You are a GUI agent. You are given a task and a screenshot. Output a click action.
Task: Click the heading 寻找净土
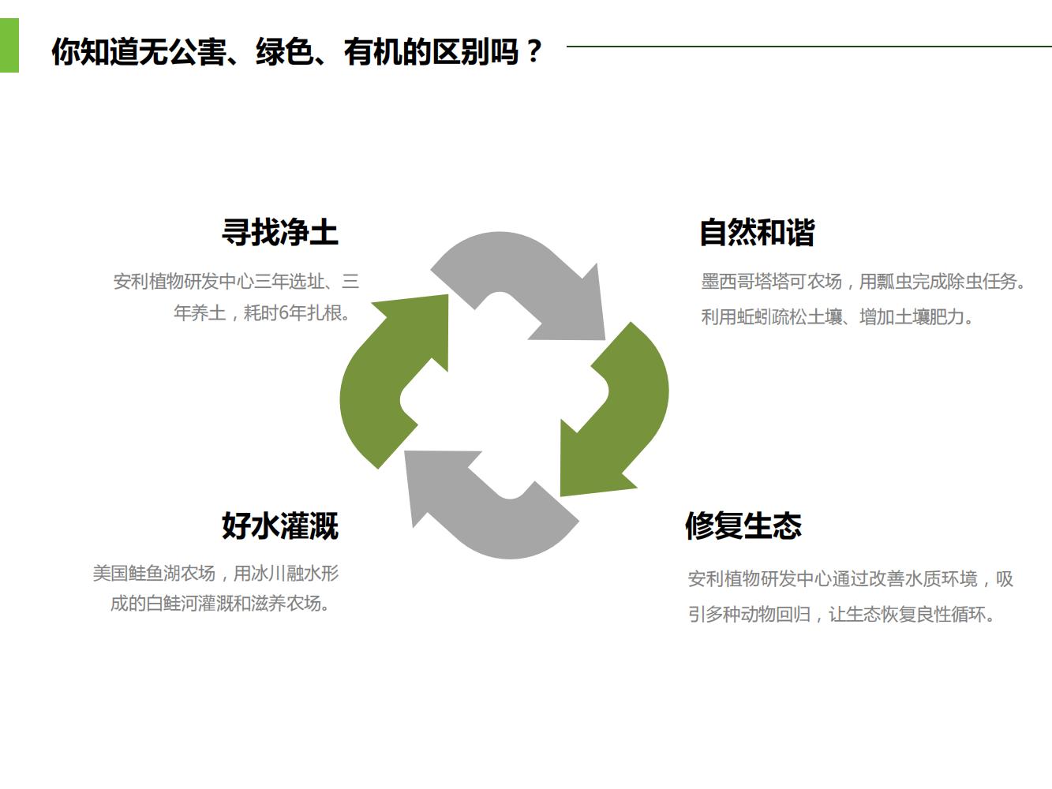point(280,232)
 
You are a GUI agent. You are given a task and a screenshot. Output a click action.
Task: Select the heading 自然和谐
point(758,232)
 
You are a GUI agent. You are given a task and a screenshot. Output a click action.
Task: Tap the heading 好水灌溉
point(280,525)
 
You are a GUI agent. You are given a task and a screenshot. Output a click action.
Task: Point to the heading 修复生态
point(743,525)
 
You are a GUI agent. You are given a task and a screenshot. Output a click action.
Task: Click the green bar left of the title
point(9,46)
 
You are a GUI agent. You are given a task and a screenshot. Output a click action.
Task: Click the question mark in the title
point(533,51)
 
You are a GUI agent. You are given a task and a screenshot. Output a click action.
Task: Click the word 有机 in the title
point(373,52)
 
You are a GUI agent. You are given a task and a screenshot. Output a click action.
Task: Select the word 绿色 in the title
point(285,52)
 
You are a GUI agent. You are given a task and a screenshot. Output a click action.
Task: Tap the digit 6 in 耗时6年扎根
point(284,313)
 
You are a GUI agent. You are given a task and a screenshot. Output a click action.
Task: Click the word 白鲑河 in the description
point(171,603)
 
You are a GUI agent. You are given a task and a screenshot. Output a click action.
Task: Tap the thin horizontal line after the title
point(809,47)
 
